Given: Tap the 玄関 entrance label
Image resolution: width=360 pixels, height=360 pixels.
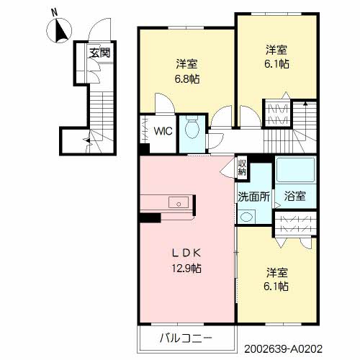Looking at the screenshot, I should click(100, 53).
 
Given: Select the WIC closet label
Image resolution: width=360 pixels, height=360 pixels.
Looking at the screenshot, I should click(163, 131).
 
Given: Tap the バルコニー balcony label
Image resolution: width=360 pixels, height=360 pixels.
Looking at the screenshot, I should click(186, 337).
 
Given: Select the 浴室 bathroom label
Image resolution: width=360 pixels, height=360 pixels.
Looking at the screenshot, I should click(295, 196).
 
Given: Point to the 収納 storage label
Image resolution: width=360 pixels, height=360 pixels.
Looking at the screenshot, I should click(243, 168).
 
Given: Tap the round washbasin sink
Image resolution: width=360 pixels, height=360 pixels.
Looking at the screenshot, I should click(247, 215).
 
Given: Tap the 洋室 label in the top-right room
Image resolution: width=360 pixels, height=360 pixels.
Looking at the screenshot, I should click(277, 49).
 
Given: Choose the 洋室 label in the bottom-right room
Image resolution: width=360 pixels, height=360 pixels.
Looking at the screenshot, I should click(277, 272).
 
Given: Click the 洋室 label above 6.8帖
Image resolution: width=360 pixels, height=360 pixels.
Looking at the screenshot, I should click(186, 62).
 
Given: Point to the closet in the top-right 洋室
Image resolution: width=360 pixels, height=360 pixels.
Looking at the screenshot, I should click(278, 112).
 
